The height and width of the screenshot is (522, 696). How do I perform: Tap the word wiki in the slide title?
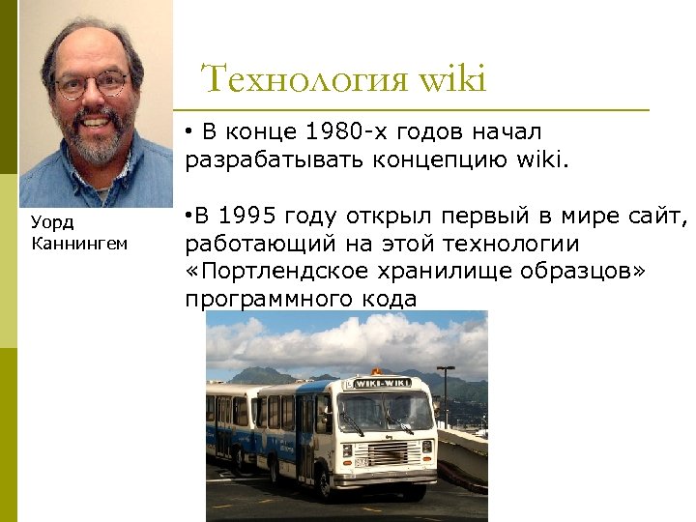click(x=453, y=79)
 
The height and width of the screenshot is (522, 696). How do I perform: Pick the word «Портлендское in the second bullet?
click(x=276, y=271)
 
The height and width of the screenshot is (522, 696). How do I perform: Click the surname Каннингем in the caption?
click(x=78, y=243)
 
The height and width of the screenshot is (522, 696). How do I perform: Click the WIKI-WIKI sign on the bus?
click(x=383, y=383)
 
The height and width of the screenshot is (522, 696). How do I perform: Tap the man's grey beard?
click(x=95, y=145)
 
